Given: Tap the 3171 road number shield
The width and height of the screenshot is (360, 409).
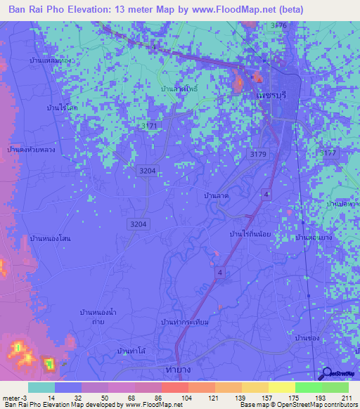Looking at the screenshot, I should pos(149,125).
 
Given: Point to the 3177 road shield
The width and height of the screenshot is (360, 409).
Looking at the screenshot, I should pos(328,152).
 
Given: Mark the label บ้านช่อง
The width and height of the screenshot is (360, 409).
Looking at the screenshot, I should pos(308,338).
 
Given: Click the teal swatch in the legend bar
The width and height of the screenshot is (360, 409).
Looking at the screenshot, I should pos(41,387).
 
